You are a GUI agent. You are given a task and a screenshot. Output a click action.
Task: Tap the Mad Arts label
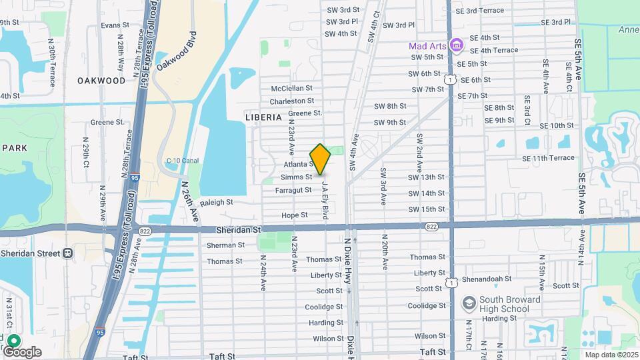pos(427,46)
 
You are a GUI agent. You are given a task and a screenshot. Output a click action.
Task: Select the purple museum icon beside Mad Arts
pos(457,45)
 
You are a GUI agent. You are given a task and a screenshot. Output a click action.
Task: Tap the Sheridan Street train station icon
pos(67,253)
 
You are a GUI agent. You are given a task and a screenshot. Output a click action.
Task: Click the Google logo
pos(22,351)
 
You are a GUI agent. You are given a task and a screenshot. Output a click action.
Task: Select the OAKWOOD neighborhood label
pos(101,81)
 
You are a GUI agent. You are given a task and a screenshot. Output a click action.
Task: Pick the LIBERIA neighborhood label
pos(263,117)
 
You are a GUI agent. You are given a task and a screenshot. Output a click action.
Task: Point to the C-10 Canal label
pos(183,161)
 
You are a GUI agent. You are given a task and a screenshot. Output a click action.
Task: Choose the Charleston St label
pos(291,101)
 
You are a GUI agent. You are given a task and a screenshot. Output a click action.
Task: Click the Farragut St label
pos(293,190)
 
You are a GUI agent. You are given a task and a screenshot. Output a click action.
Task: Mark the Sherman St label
pos(225,245)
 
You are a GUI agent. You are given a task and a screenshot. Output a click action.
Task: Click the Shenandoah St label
pos(489,279)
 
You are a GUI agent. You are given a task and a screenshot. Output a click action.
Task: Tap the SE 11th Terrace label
pos(548,158)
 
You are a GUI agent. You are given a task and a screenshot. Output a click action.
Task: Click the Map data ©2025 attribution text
pos(611,354)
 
